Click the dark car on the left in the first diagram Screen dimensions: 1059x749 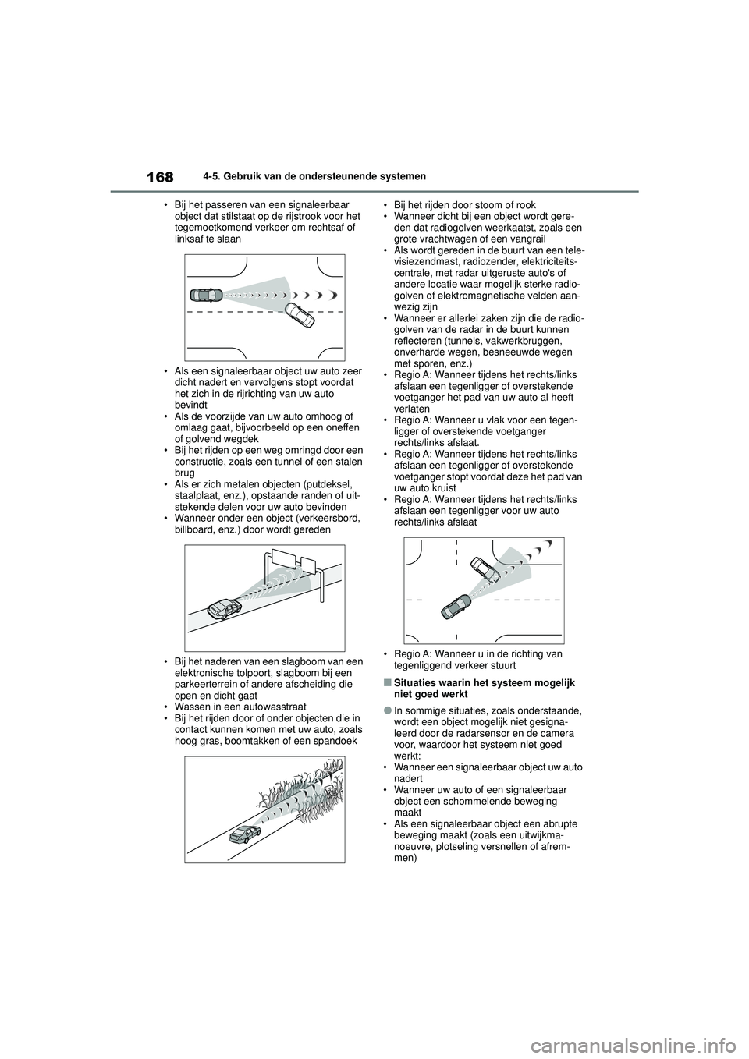(206, 294)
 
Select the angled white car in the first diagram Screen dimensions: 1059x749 (300, 317)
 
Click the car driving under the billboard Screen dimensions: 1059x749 (225, 608)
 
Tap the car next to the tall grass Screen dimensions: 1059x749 (244, 834)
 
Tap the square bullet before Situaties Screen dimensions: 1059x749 (387, 682)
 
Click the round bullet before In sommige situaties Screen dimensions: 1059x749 (387, 710)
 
